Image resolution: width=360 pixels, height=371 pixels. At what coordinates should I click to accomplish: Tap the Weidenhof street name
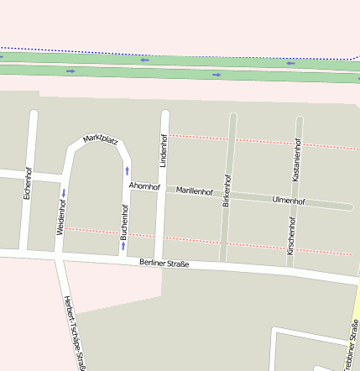point(60,216)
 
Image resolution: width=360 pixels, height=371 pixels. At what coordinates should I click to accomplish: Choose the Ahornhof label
point(143,186)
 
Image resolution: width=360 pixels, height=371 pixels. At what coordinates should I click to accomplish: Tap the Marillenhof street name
point(196,191)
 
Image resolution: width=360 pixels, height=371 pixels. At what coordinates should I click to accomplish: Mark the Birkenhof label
point(226,191)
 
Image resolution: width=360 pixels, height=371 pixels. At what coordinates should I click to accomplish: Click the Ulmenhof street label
point(289,201)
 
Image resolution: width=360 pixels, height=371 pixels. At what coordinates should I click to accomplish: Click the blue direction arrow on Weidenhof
point(63,193)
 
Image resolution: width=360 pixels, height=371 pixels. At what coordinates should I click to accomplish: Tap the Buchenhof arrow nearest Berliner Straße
point(123,245)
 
